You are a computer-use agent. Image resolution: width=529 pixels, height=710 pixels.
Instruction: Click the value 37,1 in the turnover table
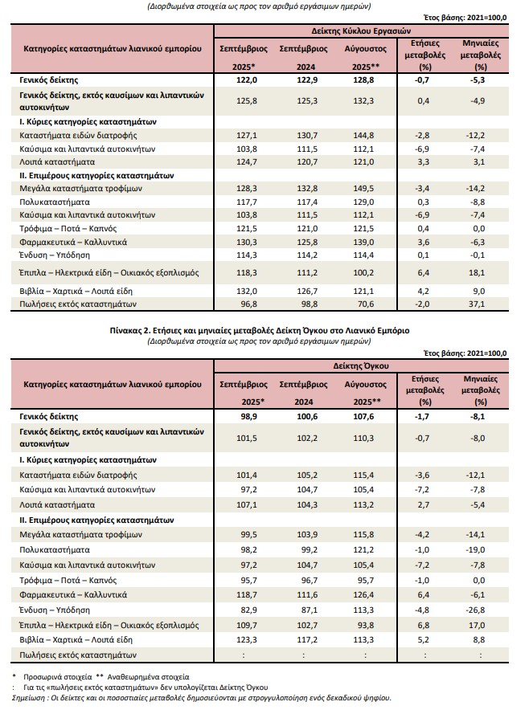click(481, 304)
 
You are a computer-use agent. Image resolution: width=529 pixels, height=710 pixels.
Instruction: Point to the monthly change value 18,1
click(481, 273)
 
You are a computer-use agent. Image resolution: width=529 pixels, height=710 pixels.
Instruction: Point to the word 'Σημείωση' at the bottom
click(30, 699)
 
